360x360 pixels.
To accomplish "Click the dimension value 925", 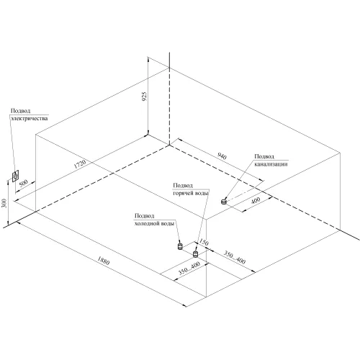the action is (144, 96).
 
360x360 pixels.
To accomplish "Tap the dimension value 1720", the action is (80, 164).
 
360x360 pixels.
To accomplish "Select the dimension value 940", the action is (222, 156).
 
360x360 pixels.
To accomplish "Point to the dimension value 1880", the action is (104, 261).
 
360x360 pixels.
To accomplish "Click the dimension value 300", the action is (4, 203).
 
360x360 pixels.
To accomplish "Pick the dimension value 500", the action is (23, 183).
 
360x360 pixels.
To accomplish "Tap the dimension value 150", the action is (204, 243).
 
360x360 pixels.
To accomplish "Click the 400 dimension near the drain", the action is (256, 200).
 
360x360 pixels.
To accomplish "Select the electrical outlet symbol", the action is (16, 176).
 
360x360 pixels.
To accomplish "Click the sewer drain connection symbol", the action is (224, 201).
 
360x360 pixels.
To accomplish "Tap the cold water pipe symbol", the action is (180, 246).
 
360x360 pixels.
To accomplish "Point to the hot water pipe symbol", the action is (195, 253).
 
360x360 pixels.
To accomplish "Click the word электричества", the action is (30, 118).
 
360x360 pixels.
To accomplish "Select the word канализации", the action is (271, 164).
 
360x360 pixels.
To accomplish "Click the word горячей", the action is (181, 193).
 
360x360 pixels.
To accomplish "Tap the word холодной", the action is (146, 223).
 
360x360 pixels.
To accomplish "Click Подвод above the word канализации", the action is (264, 156).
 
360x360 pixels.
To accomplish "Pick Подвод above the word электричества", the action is (21, 111).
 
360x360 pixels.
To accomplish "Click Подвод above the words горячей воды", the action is (183, 186).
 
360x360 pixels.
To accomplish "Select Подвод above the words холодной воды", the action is (144, 216).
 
